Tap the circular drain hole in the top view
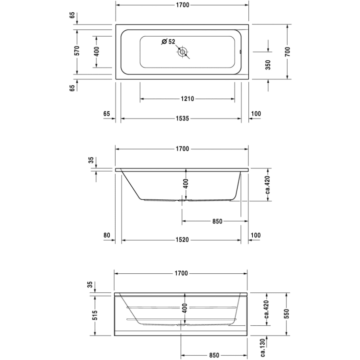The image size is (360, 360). pos(183,51)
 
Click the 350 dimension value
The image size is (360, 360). pos(268,65)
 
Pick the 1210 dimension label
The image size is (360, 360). pos(188,99)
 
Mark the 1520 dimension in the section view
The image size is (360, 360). pos(182,240)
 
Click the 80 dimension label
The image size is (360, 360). pos(106,236)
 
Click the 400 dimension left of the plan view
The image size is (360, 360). pos(96,51)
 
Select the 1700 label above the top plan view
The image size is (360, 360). pos(182,5)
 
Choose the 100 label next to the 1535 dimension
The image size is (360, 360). pos(255,114)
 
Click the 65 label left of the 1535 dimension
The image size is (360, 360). pos(107,114)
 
